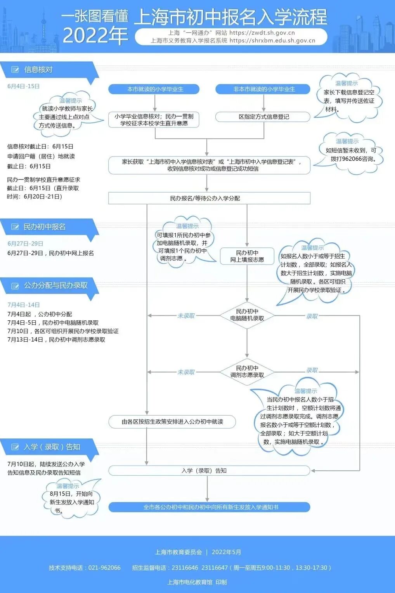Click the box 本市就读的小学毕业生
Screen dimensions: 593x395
click(154, 89)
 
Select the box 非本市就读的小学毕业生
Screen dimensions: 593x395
click(263, 89)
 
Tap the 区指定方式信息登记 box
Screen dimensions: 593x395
click(263, 117)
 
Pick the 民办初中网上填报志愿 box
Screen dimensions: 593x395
click(247, 256)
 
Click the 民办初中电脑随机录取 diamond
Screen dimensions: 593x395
click(247, 315)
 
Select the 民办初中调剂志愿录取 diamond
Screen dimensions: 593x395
click(247, 372)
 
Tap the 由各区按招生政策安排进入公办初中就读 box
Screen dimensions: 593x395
click(172, 422)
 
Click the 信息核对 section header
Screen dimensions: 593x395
click(38, 70)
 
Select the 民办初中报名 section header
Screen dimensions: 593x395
click(44, 227)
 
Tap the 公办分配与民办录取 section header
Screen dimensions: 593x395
click(55, 286)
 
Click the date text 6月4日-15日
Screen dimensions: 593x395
click(23, 86)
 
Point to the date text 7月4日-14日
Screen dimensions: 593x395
click(23, 305)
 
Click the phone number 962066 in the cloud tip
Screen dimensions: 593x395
click(352, 159)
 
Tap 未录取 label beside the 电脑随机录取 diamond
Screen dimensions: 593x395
click(186, 316)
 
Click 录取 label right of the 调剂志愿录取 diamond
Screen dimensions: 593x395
click(312, 370)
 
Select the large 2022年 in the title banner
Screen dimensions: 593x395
click(95, 36)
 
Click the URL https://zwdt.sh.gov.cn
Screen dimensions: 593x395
click(262, 33)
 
